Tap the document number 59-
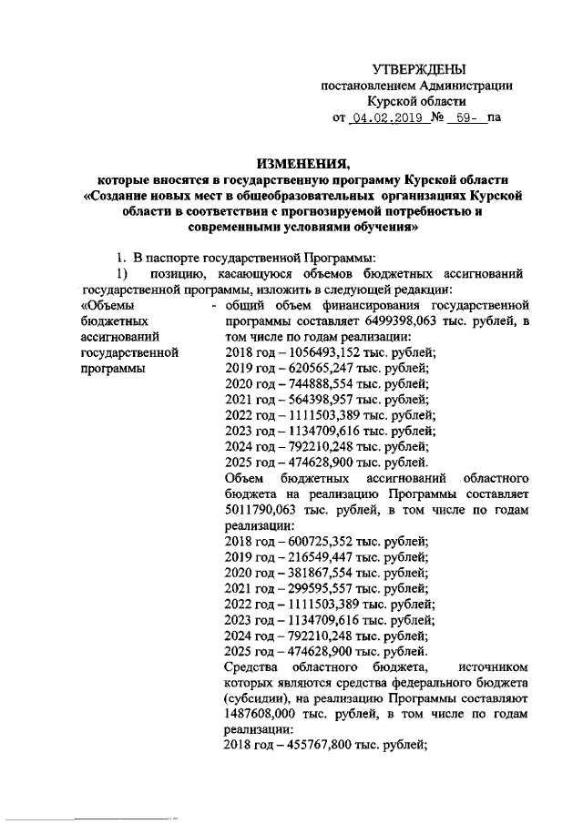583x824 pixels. (x=466, y=118)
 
